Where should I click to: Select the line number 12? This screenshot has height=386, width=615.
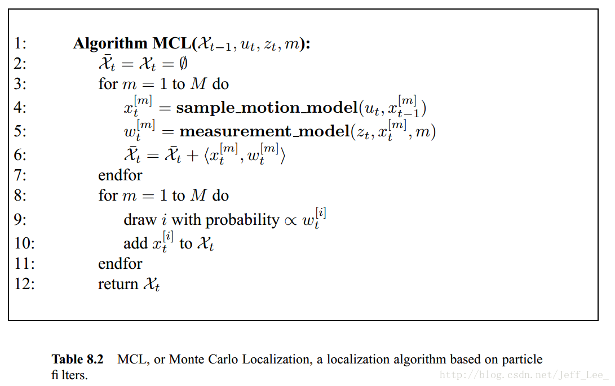[x=24, y=284]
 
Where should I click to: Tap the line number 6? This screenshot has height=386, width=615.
[x=20, y=155]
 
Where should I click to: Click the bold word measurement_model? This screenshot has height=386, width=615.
[x=264, y=132]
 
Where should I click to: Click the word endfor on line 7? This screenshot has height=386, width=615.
[x=120, y=175]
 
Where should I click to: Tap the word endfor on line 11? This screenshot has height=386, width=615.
[x=120, y=263]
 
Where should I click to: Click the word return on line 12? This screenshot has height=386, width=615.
[x=118, y=284]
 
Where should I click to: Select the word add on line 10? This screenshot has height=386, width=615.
[x=135, y=243]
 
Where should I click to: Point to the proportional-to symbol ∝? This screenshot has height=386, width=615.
[x=291, y=220]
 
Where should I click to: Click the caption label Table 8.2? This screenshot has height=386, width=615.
[x=78, y=360]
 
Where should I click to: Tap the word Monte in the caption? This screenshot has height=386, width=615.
[x=187, y=360]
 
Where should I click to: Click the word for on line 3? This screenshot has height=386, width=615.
[x=108, y=84]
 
